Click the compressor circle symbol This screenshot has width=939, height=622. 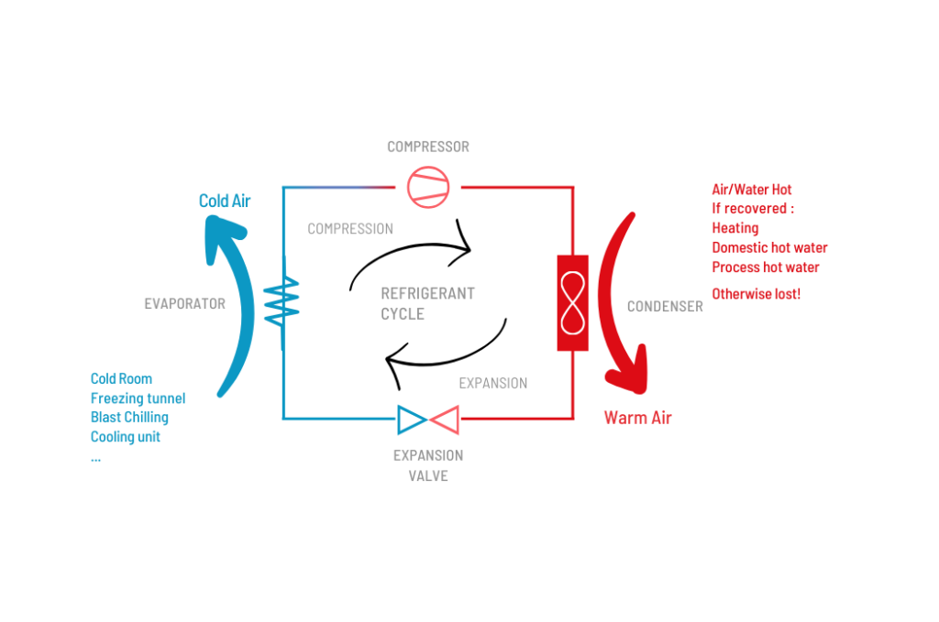(x=428, y=186)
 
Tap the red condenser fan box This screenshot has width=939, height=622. (x=572, y=302)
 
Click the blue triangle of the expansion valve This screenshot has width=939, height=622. (x=411, y=420)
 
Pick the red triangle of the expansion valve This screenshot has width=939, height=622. (x=445, y=420)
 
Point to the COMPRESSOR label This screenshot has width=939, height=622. (x=428, y=147)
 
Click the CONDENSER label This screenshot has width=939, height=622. (x=665, y=306)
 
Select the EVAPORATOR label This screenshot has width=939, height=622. (x=184, y=304)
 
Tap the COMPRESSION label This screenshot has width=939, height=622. (x=350, y=229)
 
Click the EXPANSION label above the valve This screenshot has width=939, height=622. (x=493, y=383)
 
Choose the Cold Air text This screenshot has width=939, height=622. (x=225, y=201)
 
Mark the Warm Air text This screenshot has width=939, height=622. (x=637, y=418)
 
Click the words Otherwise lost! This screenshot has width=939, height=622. (x=757, y=295)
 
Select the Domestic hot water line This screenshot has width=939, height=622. (x=769, y=247)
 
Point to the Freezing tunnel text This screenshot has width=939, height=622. (x=138, y=398)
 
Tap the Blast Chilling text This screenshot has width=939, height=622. (x=129, y=418)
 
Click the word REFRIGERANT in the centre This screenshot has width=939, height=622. (x=427, y=294)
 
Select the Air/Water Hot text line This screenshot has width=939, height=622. (x=751, y=190)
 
